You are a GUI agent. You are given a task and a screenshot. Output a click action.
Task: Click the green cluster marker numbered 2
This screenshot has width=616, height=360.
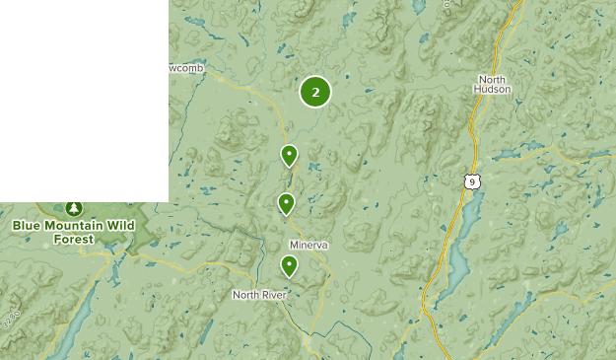coord(315,92)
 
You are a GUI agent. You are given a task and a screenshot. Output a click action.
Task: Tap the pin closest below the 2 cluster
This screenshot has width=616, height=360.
coord(289,155)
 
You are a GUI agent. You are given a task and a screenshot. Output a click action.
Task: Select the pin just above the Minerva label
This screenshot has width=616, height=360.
coord(286,204)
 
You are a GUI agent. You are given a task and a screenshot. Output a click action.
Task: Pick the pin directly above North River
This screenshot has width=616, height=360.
coord(289,265)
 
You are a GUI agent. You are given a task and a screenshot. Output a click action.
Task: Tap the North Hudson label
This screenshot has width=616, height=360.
coord(494,84)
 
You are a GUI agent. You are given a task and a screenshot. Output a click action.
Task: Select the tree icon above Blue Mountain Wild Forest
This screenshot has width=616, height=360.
coord(73,208)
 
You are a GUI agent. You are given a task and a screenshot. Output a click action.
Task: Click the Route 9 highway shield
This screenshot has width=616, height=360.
coord(474,180)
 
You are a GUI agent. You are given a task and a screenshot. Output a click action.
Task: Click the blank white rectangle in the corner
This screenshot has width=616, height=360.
coord(84,99)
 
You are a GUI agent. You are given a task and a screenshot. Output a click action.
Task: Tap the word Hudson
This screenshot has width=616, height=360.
coord(494,89)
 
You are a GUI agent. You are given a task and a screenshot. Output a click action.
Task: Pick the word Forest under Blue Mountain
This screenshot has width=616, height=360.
coord(74,239)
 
